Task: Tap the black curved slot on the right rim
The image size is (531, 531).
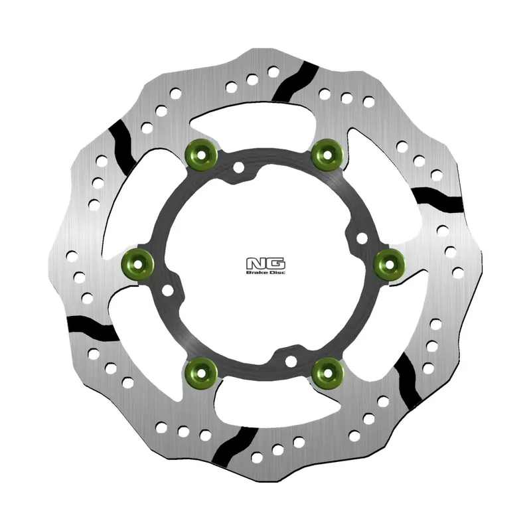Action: pyautogui.click(x=435, y=196)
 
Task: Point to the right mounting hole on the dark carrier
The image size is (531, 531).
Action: pyautogui.click(x=362, y=237)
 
